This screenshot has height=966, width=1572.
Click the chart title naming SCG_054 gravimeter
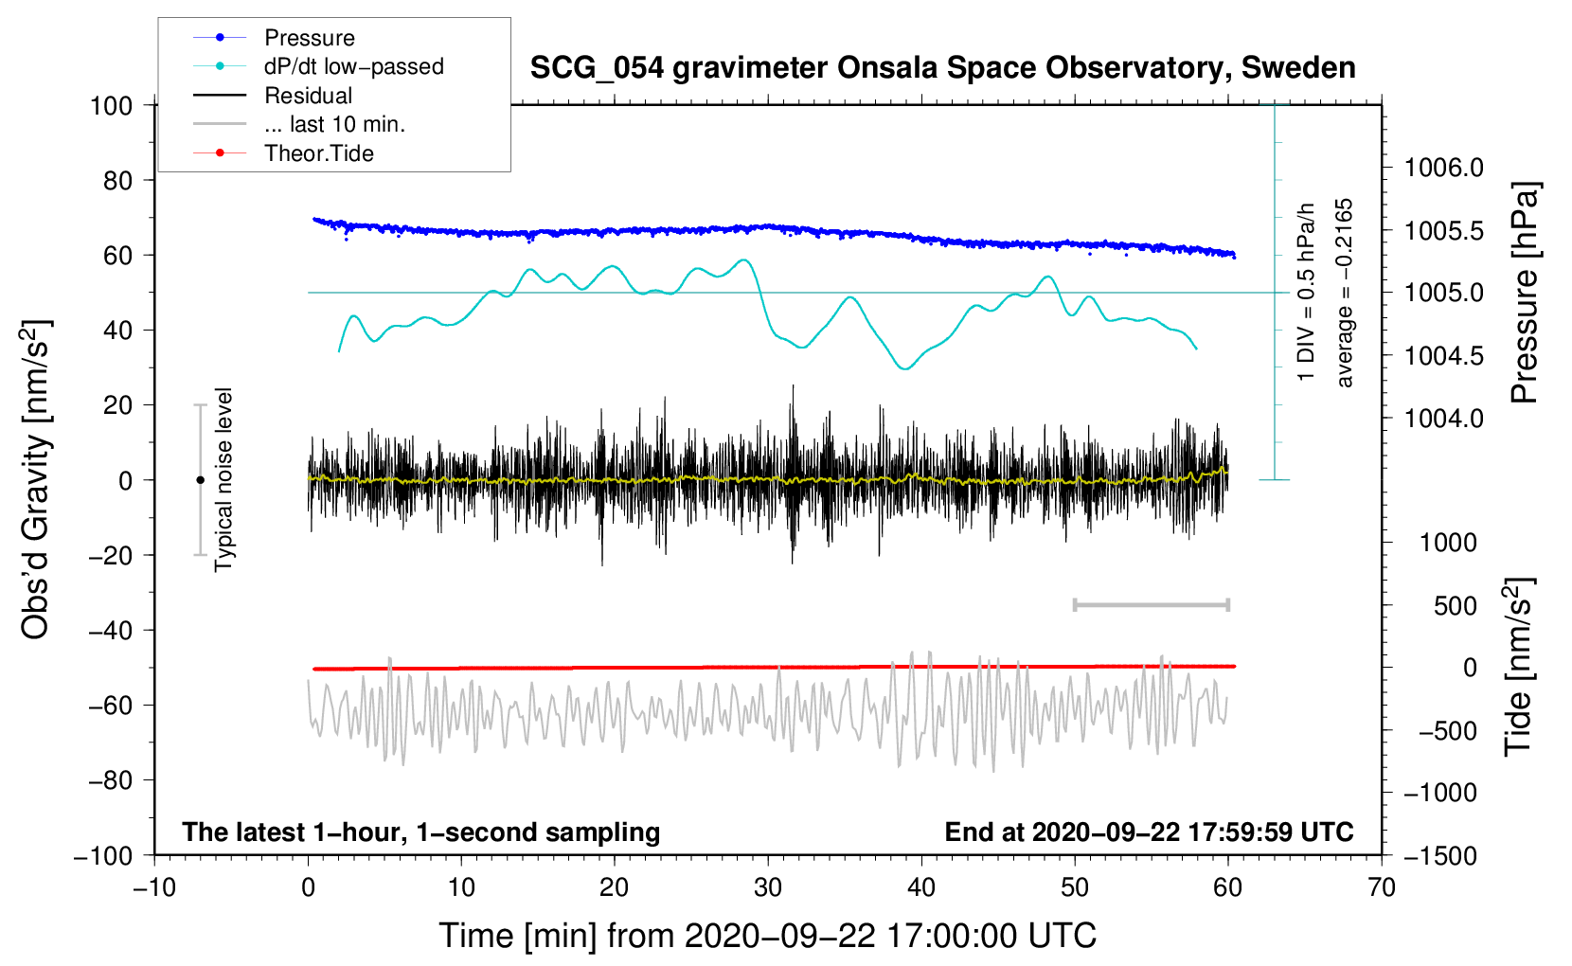coord(942,68)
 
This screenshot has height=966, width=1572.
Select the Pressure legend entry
coord(309,38)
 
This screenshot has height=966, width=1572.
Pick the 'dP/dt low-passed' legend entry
coord(353,66)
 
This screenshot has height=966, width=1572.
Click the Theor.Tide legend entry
coord(318,153)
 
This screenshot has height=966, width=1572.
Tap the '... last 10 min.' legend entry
coord(334,124)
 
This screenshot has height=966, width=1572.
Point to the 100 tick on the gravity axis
coord(111,105)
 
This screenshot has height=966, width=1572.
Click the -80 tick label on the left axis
coord(111,780)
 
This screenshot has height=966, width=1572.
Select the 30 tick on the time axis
coord(768,887)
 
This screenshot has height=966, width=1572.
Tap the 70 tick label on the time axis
coord(1382,887)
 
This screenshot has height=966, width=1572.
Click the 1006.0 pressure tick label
coord(1443,169)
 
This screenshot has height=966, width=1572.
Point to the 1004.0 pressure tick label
coord(1443,419)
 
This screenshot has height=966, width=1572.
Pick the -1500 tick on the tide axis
coord(1439,856)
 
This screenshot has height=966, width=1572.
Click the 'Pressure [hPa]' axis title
coord(1524,294)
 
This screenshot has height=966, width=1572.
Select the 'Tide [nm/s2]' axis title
coord(1518,667)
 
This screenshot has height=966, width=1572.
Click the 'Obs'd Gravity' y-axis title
coord(36,480)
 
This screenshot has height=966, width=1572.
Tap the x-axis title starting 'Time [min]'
coord(768,936)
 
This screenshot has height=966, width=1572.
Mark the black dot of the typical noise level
coord(200,480)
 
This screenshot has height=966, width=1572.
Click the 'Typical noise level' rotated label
coord(223,480)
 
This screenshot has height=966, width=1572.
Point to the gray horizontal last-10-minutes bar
coord(1152,605)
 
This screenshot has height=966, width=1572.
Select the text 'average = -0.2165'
coord(1345,294)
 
